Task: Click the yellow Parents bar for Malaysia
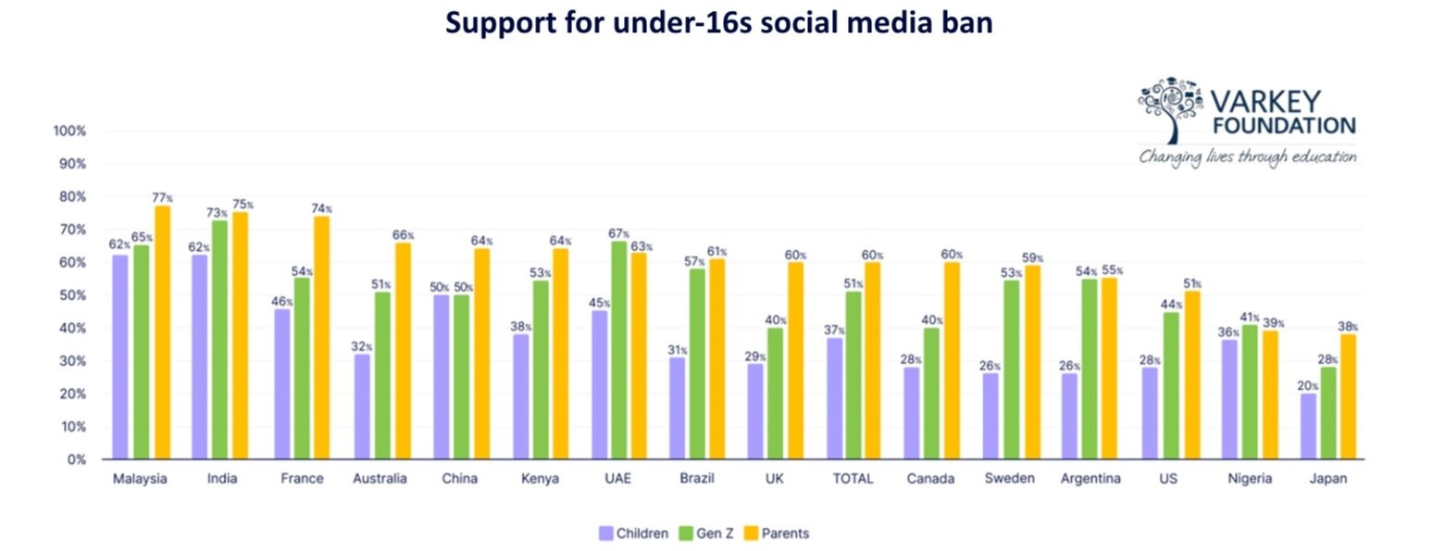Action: tap(162, 333)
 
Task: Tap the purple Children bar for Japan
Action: tap(1307, 426)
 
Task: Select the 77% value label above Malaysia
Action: tap(163, 198)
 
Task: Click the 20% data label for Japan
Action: tap(1307, 386)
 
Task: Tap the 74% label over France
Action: tap(322, 208)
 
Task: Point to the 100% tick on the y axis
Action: tap(69, 131)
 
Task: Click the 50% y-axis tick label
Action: tap(72, 295)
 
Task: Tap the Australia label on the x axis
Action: tap(379, 479)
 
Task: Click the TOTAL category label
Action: tap(854, 479)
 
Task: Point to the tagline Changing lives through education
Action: tap(1248, 157)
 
